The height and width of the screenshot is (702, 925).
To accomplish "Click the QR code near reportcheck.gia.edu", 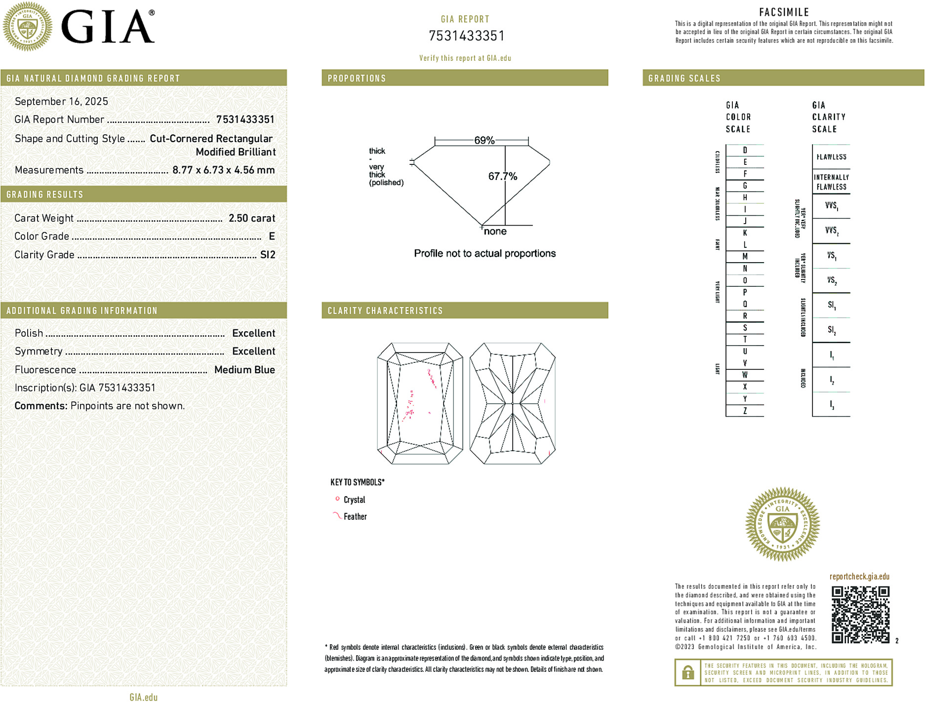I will click(x=860, y=614).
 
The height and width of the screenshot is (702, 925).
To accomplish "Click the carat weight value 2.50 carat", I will click(x=251, y=218).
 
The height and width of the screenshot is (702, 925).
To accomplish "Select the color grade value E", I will click(x=272, y=236).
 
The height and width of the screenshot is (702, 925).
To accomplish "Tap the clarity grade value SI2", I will click(x=267, y=255).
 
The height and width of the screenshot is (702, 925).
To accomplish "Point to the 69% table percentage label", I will click(x=484, y=140).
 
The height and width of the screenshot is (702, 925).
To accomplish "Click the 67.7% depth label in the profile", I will click(x=502, y=176).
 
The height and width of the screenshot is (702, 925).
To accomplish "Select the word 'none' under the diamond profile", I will click(x=495, y=232).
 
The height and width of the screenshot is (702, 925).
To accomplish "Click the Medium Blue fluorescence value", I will click(x=244, y=370).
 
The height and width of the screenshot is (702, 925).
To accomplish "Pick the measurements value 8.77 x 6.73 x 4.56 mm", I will click(x=223, y=170).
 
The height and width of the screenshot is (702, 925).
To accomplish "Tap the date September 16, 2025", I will click(x=61, y=101).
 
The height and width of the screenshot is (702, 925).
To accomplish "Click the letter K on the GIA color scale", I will click(x=745, y=233).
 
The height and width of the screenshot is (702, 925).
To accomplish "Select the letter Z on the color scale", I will click(x=745, y=411).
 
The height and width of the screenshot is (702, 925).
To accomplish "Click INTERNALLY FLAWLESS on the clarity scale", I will click(x=831, y=182).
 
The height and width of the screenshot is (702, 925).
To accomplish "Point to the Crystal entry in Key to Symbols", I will click(x=354, y=500).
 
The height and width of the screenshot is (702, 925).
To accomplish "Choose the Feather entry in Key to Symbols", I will click(x=355, y=516).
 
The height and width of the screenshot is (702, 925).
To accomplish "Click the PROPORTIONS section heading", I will click(x=357, y=78).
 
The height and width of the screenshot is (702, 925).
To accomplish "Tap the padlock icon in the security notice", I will click(x=687, y=672).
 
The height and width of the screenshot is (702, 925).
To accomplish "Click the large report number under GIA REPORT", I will click(x=466, y=36).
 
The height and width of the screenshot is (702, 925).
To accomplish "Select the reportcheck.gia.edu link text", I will click(x=859, y=576).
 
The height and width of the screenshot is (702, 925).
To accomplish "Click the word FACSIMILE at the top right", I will click(x=784, y=12).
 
